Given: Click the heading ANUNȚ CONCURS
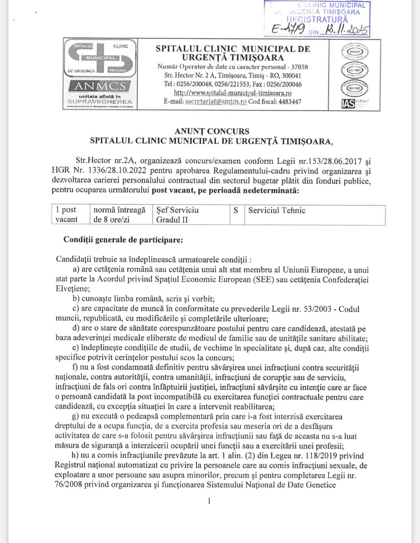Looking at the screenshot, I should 212,131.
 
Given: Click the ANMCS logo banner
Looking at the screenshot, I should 100,86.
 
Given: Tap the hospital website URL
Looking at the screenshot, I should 233,93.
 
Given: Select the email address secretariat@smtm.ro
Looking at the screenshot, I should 216,102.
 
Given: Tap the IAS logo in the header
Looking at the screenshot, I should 348,104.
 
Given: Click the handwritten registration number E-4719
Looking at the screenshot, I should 288,30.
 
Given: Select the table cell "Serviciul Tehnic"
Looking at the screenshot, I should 277,210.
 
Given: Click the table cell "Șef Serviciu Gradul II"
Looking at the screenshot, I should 177,215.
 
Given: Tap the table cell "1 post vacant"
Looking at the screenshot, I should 67,215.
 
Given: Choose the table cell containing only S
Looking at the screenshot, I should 236,210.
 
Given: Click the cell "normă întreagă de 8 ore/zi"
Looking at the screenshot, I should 119,215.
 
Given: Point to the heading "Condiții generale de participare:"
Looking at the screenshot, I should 123,240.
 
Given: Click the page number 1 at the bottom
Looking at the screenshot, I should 209,501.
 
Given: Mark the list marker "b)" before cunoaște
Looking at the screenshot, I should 76,299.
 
